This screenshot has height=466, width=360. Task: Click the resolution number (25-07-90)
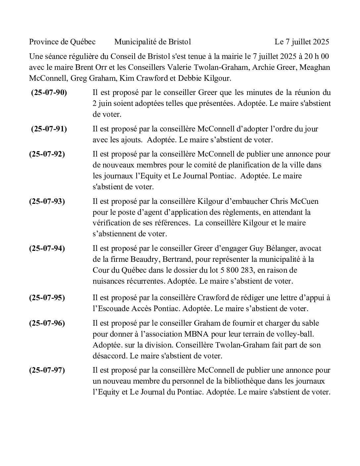pyautogui.click(x=49, y=93)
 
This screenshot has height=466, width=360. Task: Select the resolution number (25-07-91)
pyautogui.click(x=49, y=129)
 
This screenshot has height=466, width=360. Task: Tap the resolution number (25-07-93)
pyautogui.click(x=47, y=201)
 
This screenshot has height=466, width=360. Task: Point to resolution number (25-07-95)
pyautogui.click(x=47, y=298)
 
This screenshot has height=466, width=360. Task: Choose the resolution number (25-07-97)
pyautogui.click(x=47, y=370)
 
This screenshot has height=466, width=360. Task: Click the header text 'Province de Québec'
pyautogui.click(x=62, y=42)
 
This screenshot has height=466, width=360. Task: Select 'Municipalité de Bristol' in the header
pyautogui.click(x=153, y=42)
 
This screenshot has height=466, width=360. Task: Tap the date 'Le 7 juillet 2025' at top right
pyautogui.click(x=301, y=42)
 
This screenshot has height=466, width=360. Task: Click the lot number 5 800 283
pyautogui.click(x=237, y=270)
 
